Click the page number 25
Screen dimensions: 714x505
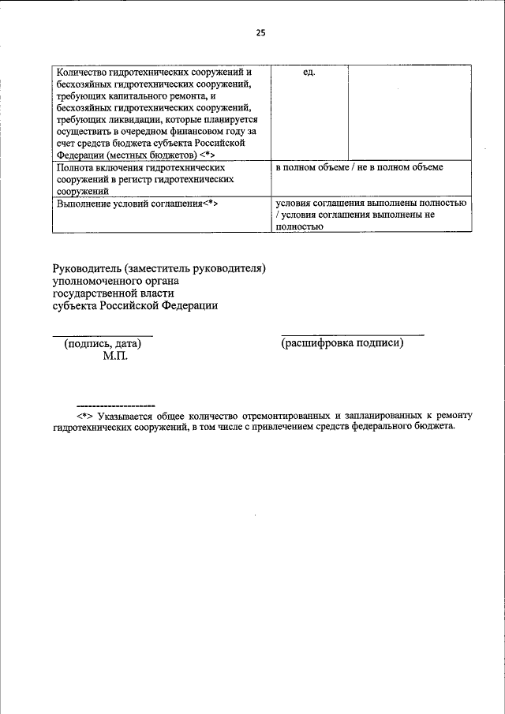261,32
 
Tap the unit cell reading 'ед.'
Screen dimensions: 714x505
309,72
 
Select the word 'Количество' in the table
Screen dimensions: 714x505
84,72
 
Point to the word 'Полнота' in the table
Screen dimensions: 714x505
77,168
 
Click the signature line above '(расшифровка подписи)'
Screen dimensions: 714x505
352,335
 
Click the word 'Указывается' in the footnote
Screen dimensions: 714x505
125,415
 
